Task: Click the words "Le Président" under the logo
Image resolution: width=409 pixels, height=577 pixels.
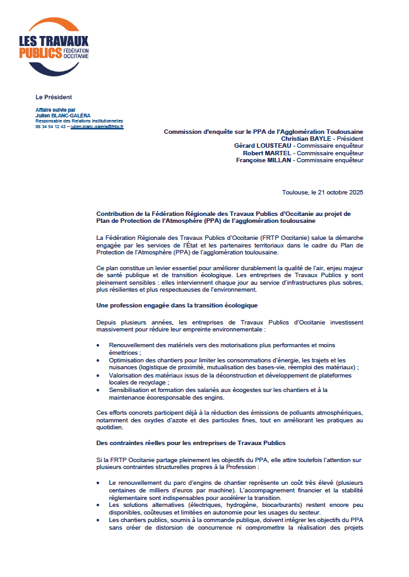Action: (x=54, y=97)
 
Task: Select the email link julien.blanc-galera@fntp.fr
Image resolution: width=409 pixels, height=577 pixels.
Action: (x=97, y=126)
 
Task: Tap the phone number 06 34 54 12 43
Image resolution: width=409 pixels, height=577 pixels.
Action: (x=50, y=126)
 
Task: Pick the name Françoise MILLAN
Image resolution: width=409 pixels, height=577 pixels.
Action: (x=263, y=160)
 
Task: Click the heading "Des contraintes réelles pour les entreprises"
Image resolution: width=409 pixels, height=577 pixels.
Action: (x=191, y=442)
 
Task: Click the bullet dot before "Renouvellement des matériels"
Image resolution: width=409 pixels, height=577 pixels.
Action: (x=98, y=346)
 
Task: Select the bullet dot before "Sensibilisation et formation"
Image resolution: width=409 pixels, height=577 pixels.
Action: (x=98, y=390)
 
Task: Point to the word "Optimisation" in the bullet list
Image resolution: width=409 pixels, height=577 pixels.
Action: (x=127, y=360)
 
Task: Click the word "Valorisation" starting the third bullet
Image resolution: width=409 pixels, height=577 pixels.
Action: (x=126, y=375)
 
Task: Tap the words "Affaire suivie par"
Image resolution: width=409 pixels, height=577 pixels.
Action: (x=56, y=110)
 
